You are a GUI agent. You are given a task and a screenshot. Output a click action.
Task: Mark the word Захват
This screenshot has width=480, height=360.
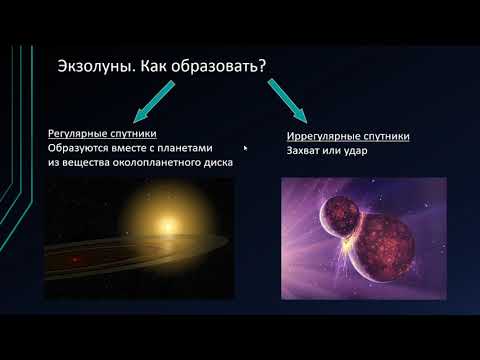click(302, 152)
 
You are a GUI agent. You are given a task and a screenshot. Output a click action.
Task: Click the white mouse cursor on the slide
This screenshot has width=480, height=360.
click(246, 150)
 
